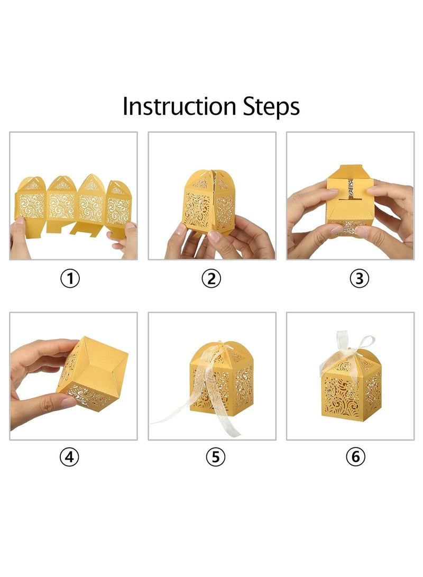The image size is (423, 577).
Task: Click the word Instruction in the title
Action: [x=179, y=106]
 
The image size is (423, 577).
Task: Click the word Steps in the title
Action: [x=271, y=107]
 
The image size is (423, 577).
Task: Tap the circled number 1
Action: [x=70, y=279]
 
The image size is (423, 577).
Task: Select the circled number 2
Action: [x=211, y=279]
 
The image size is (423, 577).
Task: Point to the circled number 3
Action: [x=359, y=279]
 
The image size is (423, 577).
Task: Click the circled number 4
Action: [x=69, y=457]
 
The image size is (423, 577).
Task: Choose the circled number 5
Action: [x=216, y=457]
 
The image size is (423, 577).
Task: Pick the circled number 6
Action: [x=356, y=457]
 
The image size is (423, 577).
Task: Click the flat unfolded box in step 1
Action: [x=73, y=206]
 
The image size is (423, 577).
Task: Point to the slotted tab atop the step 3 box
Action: [x=350, y=188]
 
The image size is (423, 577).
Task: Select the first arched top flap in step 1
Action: [x=32, y=184]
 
